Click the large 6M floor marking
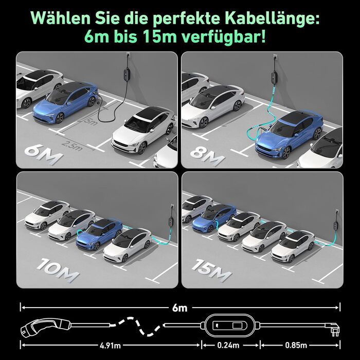coord(44,154)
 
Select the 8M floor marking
coord(208,155)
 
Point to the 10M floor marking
coord(58,270)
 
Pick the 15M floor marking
coord(211,270)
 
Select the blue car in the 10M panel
coord(99,233)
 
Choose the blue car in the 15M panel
coord(214,217)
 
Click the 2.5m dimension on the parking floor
coord(72,146)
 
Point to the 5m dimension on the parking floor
coord(90,121)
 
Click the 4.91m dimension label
coord(110,345)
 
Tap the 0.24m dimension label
coord(228,345)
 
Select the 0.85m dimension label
coord(296,345)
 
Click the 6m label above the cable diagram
coord(180,308)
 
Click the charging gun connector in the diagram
coord(46,327)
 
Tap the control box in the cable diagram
coord(230,326)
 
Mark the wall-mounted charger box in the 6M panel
coord(127,73)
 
